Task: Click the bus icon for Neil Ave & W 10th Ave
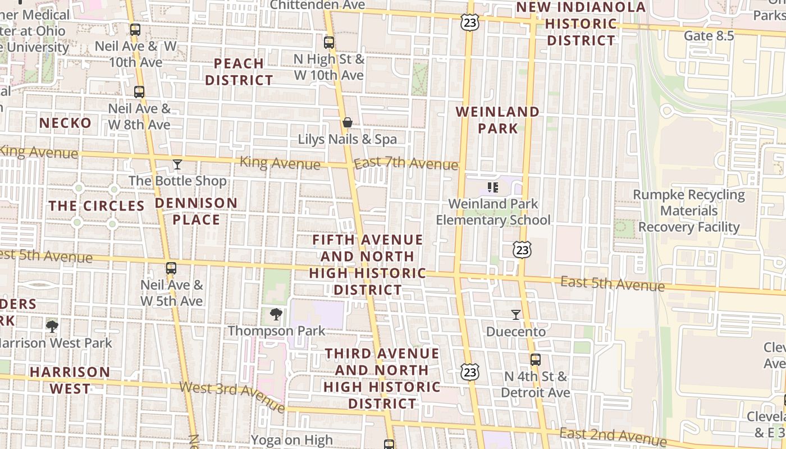[135, 30]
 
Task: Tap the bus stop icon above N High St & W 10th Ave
[329, 42]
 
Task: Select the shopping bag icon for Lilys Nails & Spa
[348, 122]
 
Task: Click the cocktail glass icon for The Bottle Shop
[177, 164]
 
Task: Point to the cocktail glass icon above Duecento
[516, 315]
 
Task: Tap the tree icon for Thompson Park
[276, 314]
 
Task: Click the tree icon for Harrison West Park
[52, 326]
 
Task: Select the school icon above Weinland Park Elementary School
[493, 187]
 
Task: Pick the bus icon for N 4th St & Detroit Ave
[536, 360]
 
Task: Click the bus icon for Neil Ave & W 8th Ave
[139, 92]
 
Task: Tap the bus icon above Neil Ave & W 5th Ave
[171, 268]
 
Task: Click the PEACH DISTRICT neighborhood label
[239, 72]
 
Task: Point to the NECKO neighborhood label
[65, 123]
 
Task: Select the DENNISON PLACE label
[196, 211]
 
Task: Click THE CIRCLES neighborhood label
[97, 206]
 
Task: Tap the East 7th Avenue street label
[406, 163]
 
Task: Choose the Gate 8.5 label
[709, 36]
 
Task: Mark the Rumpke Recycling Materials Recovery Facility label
[689, 211]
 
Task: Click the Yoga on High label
[292, 440]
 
